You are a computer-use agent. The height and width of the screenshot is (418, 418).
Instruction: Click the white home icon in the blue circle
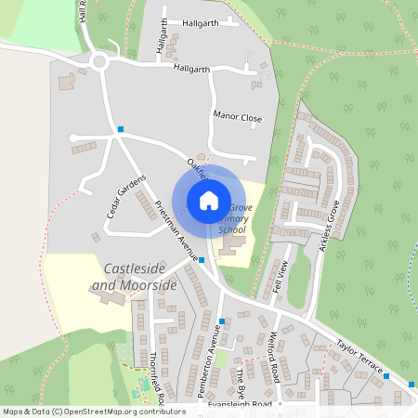209,200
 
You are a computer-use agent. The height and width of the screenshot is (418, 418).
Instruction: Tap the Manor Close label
238,118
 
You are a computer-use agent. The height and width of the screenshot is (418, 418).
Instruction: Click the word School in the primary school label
232,229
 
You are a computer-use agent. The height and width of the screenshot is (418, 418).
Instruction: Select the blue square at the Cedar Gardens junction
120,128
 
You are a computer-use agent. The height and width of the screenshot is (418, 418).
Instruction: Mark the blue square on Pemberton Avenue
221,321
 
